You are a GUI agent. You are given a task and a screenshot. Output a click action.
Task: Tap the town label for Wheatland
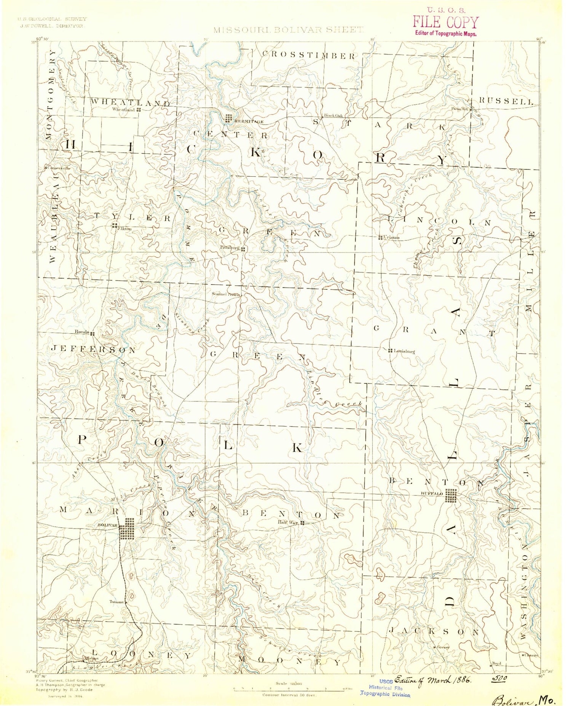123,110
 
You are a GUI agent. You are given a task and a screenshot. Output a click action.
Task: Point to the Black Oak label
333,116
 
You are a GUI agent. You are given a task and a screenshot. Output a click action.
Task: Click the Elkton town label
125,229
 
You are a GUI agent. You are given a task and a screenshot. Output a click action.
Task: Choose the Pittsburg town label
230,248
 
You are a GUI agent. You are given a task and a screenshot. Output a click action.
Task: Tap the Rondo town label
82,332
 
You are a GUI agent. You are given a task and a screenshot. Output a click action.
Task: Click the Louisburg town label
404,351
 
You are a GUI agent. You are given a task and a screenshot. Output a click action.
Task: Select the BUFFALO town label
432,494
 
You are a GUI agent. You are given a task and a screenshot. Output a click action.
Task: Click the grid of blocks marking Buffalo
451,496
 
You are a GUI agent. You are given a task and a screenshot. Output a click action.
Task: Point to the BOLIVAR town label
108,525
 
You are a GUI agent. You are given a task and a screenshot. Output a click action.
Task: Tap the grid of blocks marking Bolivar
127,528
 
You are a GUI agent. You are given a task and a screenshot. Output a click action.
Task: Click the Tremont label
116,602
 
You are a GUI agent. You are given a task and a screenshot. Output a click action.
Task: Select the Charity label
532,655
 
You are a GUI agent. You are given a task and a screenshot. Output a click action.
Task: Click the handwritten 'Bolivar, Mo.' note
524,700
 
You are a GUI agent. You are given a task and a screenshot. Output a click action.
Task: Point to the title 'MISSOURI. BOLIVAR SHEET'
288,30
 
